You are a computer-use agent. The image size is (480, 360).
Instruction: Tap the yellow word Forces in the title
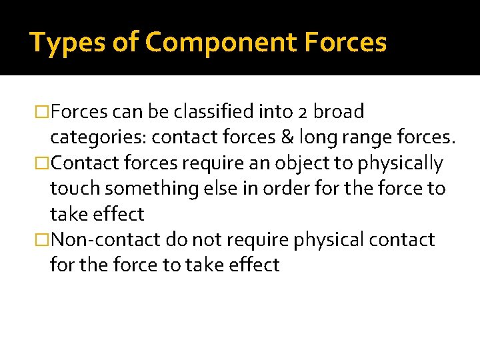coord(346,43)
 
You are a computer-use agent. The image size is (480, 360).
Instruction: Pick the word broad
coord(340,112)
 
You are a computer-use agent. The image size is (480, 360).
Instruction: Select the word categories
coord(98,138)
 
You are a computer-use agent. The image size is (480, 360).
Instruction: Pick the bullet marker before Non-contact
coord(43,239)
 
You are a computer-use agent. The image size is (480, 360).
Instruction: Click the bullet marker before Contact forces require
coord(43,163)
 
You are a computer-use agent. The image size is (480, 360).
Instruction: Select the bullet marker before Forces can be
coord(43,112)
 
